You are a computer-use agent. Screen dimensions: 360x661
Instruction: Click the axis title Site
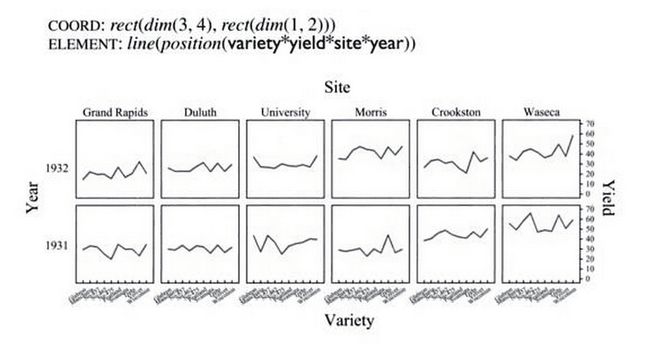[337, 87]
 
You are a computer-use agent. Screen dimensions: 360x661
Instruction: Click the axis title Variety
[349, 320]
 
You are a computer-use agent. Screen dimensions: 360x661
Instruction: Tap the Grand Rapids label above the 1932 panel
[115, 113]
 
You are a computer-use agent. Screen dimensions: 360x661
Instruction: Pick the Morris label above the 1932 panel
[370, 113]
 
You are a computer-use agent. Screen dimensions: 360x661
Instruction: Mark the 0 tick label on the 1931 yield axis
[589, 279]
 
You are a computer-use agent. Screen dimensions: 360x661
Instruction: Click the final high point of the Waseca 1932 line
[573, 136]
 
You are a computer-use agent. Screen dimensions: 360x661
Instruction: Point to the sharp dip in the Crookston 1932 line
[466, 173]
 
